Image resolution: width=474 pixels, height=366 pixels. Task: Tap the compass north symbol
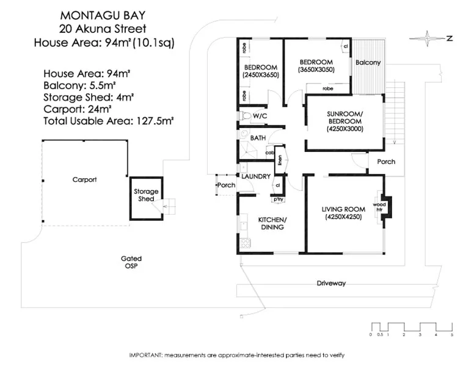point(432,38)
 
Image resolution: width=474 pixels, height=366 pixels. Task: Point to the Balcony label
point(368,63)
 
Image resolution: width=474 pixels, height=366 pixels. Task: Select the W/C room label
point(260,115)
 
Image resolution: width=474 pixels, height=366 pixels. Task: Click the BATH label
point(258,138)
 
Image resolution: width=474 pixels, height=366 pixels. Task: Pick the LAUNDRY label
point(255,177)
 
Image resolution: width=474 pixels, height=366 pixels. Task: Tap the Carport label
point(84,180)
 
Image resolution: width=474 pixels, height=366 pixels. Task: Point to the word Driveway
point(331,283)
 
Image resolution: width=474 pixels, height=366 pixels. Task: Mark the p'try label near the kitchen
point(279,199)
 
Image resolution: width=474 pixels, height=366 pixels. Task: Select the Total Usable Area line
point(109,121)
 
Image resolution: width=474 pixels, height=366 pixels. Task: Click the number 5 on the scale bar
point(452,334)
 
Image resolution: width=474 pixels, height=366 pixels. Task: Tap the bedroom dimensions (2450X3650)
point(260,75)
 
